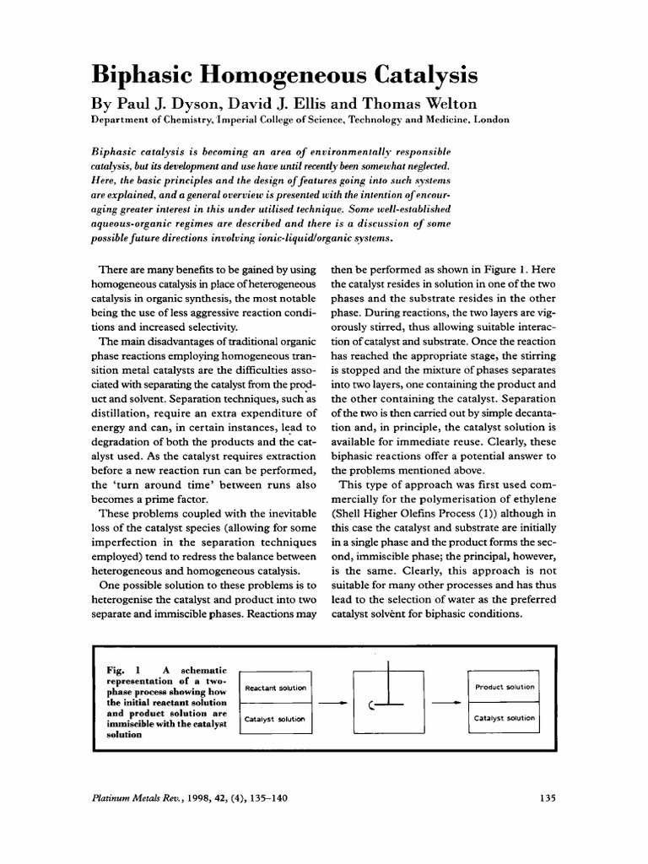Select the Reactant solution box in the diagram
tap(276, 688)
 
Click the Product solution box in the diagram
tap(505, 687)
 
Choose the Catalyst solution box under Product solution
tap(505, 718)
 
